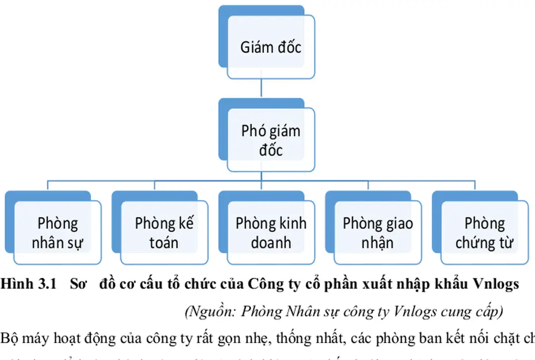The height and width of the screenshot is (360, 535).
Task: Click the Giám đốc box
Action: pos(270,47)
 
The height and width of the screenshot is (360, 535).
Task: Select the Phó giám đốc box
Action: pos(270,140)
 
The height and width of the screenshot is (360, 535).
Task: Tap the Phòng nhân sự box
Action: pos(57,233)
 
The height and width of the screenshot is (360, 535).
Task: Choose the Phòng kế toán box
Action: pos(164,233)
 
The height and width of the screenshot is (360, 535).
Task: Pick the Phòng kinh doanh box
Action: pos(271,233)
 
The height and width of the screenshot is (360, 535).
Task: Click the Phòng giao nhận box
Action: pos(377,233)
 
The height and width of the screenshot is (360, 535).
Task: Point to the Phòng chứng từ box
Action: pos(484,233)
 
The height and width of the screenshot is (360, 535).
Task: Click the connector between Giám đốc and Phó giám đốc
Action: pos(261,88)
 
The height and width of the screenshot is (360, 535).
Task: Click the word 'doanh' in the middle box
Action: pos(271,243)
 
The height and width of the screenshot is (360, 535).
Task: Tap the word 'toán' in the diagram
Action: pos(164,243)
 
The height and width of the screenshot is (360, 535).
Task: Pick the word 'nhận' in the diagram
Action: pos(377,243)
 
